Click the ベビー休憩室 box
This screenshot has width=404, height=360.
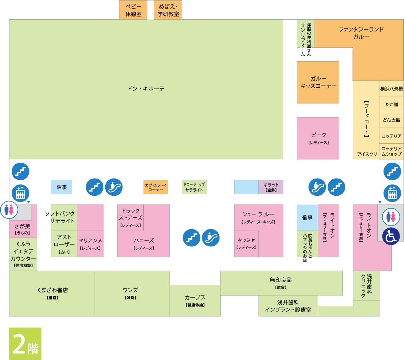click(133, 10)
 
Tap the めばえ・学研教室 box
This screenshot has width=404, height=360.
click(168, 10)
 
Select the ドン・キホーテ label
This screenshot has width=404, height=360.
click(146, 89)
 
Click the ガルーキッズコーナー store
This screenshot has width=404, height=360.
click(318, 82)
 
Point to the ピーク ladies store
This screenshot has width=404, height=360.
click(318, 138)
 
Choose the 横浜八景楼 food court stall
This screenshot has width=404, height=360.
click(392, 89)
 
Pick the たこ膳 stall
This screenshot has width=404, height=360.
click(392, 104)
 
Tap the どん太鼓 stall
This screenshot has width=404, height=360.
click(392, 120)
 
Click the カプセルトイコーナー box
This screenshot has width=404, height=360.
click(155, 187)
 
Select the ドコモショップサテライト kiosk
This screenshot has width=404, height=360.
click(194, 187)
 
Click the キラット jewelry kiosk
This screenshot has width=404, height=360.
click(271, 187)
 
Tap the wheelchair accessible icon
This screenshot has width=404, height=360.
click(391, 236)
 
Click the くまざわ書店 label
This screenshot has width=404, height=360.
click(52, 290)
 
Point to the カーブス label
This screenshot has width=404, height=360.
click(195, 297)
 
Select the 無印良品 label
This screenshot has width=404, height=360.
click(280, 280)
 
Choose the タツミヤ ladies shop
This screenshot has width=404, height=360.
click(246, 244)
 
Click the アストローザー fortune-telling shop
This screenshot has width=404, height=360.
click(64, 244)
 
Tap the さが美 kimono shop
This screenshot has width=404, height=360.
click(23, 229)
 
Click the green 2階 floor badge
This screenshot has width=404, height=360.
click(25, 344)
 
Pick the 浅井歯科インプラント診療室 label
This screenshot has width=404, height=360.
click(288, 306)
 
